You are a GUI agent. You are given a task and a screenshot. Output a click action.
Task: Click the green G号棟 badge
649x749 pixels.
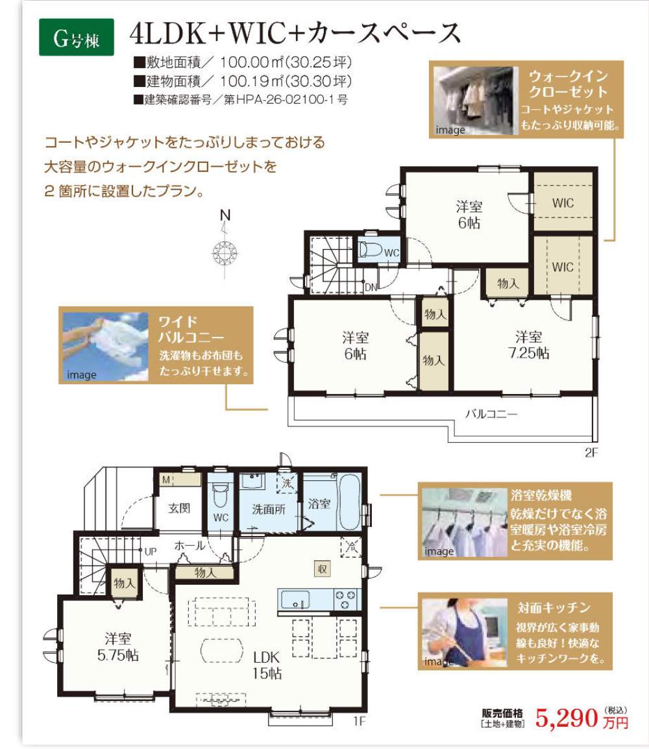point(77,37)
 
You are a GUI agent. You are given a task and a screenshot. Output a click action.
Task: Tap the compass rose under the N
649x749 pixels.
point(225,252)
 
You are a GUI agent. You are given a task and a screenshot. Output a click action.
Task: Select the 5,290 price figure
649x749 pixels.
point(567,718)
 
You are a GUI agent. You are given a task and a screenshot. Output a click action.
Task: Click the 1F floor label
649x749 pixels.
point(360,721)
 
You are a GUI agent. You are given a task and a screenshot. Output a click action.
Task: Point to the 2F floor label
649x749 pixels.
point(591,452)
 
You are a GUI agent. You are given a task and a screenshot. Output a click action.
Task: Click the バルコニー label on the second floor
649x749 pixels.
point(491,413)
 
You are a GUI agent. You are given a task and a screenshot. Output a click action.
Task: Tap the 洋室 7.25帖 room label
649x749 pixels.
point(528,345)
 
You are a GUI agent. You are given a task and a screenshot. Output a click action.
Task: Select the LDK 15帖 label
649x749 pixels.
point(267,665)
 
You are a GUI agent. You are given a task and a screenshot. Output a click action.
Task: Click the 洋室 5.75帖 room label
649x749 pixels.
point(118,647)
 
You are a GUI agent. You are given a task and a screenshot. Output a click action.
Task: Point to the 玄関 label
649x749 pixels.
point(179,508)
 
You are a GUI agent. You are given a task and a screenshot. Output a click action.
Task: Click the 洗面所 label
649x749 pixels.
point(269,510)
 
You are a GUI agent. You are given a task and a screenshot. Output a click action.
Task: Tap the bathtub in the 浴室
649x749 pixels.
point(348,502)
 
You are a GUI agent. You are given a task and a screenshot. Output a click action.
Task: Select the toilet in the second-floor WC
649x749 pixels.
point(371,250)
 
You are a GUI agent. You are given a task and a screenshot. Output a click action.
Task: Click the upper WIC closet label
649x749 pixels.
point(563,203)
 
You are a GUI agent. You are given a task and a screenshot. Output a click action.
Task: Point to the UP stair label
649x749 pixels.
point(150,552)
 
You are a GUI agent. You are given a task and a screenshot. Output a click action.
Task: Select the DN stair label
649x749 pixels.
point(371,287)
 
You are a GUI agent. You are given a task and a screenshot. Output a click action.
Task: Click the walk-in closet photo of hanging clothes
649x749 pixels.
point(476,101)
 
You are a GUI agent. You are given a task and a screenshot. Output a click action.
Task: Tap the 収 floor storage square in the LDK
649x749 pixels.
point(322,569)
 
